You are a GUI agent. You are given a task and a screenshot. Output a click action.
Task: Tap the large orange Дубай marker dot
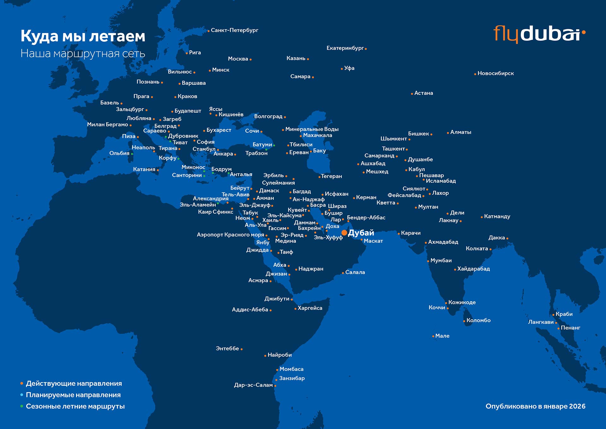pyautogui.click(x=344, y=233)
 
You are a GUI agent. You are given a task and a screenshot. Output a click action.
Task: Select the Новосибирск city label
pyautogui.click(x=495, y=73)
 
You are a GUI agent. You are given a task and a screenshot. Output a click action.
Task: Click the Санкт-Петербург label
pyautogui.click(x=234, y=30)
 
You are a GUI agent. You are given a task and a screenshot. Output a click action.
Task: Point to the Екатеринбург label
pyautogui.click(x=345, y=48)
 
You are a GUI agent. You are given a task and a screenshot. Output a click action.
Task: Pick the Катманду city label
pyautogui.click(x=497, y=217)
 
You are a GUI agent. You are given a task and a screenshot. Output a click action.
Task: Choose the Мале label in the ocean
pyautogui.click(x=442, y=336)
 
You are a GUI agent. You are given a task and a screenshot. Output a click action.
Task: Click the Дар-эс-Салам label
pyautogui.click(x=253, y=385)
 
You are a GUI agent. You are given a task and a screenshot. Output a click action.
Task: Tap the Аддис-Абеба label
pyautogui.click(x=250, y=310)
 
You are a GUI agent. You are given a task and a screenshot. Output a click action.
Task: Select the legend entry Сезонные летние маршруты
pyautogui.click(x=75, y=406)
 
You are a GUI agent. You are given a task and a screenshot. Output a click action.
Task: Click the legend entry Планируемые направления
pyautogui.click(x=73, y=395)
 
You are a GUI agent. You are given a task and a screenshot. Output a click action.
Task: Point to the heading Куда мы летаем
pyautogui.click(x=83, y=36)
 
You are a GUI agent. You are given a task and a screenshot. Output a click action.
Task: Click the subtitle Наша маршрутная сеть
pyautogui.click(x=83, y=53)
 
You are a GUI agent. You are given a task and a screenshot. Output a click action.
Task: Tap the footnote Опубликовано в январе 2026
pyautogui.click(x=535, y=406)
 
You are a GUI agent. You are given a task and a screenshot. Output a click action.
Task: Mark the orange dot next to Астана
pyautogui.click(x=412, y=94)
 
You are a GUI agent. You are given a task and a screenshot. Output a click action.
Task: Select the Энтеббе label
pyautogui.click(x=227, y=348)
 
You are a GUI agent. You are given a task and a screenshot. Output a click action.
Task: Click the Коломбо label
pyautogui.click(x=478, y=320)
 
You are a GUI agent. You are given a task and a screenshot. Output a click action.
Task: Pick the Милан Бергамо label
pyautogui.click(x=107, y=125)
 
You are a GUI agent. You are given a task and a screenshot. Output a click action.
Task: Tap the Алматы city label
pyautogui.click(x=460, y=132)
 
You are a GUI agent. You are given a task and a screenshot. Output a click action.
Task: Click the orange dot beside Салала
pyautogui.click(x=343, y=273)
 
